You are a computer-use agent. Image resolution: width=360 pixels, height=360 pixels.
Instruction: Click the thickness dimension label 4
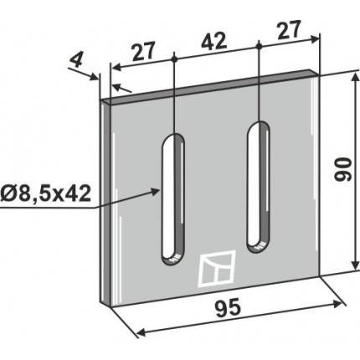75,61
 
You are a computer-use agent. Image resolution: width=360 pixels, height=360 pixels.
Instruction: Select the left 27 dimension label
143,52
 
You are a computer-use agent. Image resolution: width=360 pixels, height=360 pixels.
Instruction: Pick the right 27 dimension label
289,30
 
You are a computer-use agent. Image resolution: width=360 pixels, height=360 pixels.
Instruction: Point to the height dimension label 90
342,169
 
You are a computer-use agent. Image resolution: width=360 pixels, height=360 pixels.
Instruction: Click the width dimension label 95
228,308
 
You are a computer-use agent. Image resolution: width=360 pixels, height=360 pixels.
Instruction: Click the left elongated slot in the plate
173,199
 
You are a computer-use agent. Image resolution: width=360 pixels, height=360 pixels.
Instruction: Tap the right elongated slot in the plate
259,187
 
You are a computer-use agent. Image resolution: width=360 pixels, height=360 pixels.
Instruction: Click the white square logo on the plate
217,269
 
